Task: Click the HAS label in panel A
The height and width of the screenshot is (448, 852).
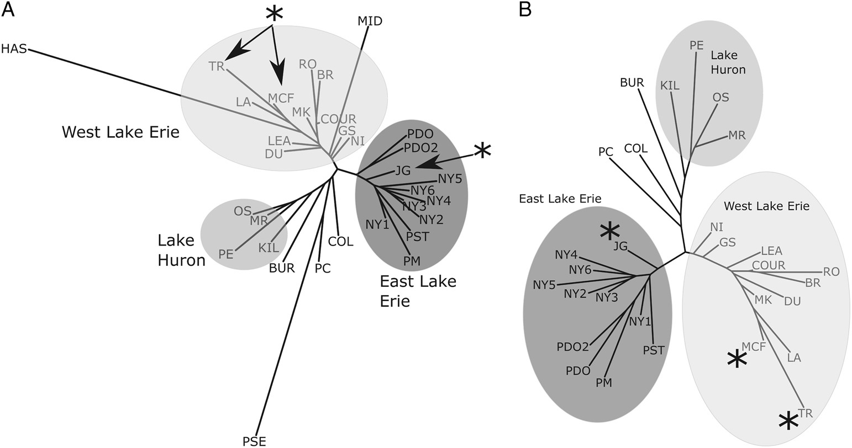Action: [13, 49]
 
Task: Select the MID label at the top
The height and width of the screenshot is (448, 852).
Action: [370, 22]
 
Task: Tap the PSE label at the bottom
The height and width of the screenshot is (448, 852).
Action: [254, 441]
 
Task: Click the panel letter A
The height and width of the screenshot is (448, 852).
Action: [8, 9]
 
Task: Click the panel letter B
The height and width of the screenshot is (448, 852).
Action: [525, 9]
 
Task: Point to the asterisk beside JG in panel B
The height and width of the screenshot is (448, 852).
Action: [609, 232]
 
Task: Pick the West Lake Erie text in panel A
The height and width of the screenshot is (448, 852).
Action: [120, 132]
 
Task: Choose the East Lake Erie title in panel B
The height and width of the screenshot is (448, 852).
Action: [559, 199]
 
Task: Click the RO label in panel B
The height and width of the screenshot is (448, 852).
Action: [832, 271]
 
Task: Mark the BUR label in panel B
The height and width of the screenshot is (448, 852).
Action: [632, 83]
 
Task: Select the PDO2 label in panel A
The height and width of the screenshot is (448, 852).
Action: [421, 148]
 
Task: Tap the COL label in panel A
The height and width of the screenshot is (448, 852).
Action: [340, 241]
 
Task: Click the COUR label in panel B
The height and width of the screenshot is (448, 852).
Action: [769, 265]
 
